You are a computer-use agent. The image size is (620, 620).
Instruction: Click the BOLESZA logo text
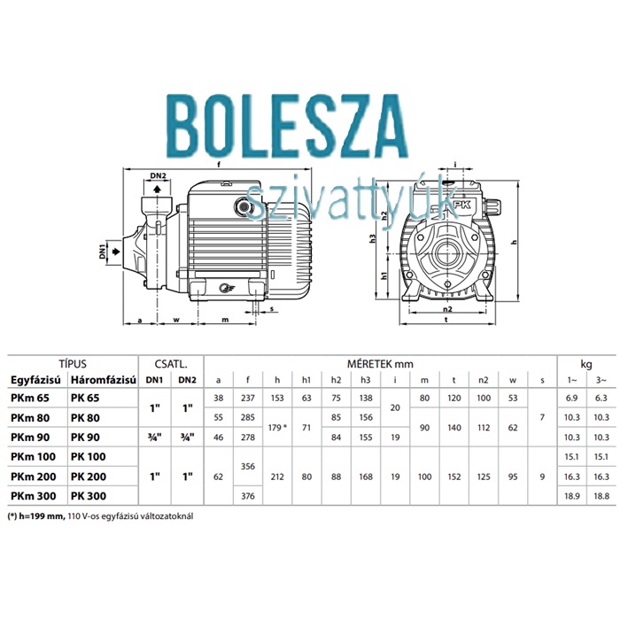coord(288,127)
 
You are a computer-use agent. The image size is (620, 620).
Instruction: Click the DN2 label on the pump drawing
coord(159,176)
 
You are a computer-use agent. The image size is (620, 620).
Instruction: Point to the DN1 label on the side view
coord(103,252)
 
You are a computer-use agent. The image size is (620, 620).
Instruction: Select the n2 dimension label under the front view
coord(447,309)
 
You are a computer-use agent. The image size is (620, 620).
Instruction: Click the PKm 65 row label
coord(30,398)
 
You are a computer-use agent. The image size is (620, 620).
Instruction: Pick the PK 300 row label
coord(89,496)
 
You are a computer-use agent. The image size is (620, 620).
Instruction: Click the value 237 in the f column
coord(248,398)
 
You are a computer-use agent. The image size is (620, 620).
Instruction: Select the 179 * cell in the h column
coord(277,428)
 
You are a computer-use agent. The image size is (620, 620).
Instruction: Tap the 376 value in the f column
coord(248,496)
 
